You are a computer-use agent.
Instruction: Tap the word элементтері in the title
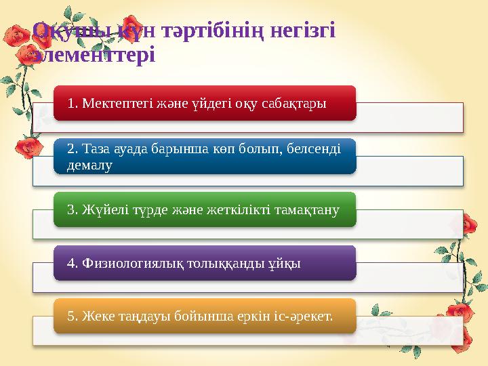point(94,54)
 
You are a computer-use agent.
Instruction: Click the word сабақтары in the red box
point(298,103)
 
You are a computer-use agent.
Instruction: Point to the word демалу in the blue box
point(90,165)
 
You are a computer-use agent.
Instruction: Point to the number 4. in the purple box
point(73,263)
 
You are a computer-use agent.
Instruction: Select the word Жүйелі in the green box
point(99,209)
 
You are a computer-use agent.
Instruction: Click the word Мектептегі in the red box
point(109,103)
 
